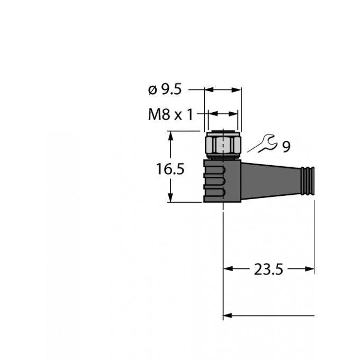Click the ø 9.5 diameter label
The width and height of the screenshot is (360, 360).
click(x=165, y=89)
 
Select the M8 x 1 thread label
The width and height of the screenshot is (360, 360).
click(x=170, y=114)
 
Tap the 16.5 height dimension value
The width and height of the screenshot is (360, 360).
click(x=170, y=169)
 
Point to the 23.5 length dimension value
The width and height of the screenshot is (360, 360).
click(x=268, y=269)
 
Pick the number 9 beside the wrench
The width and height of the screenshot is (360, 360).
click(x=286, y=147)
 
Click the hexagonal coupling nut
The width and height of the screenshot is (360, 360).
click(x=223, y=145)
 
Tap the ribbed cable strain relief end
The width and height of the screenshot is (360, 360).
click(x=307, y=181)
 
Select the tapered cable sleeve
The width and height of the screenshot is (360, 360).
click(x=271, y=181)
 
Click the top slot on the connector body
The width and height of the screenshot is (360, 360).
click(x=214, y=170)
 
